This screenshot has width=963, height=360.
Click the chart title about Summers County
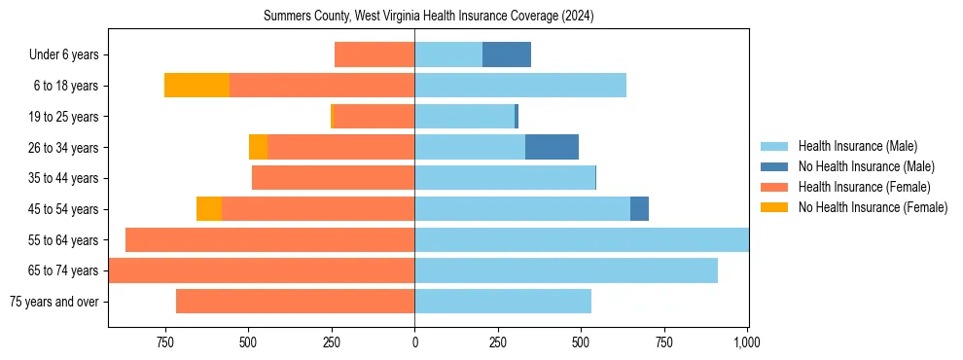click(x=428, y=17)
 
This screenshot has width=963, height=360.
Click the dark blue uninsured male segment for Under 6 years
click(x=506, y=54)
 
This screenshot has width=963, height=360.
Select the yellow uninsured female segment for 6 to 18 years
click(x=196, y=86)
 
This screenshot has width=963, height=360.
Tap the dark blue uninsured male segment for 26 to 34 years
click(x=552, y=147)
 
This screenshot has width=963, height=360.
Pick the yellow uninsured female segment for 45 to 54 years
click(x=209, y=209)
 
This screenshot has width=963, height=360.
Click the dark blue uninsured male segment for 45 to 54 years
click(x=639, y=209)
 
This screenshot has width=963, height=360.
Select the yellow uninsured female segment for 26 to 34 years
click(x=258, y=147)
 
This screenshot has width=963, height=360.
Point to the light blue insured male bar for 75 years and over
click(x=503, y=302)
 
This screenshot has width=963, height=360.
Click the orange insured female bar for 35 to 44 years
click(x=333, y=178)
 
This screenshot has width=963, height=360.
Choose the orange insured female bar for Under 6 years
click(x=374, y=54)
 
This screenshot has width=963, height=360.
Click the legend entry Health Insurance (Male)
click(x=857, y=146)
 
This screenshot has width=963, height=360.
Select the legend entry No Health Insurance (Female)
click(x=873, y=207)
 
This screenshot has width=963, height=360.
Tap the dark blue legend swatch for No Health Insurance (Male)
click(x=774, y=166)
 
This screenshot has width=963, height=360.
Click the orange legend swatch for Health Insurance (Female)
click(x=774, y=187)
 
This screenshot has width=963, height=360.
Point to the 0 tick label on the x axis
click(x=415, y=342)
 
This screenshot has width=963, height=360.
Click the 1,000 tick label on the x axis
click(x=747, y=342)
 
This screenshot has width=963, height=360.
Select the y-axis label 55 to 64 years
click(x=63, y=240)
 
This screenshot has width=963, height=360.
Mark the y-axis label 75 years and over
click(x=53, y=302)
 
